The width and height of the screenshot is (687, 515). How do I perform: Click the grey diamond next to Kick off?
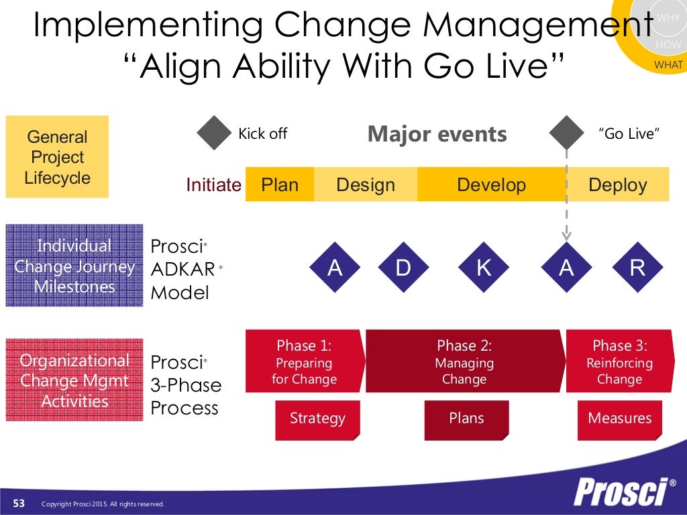click(x=214, y=133)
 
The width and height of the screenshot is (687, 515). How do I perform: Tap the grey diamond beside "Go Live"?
click(x=566, y=133)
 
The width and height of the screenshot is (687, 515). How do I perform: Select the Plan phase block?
click(x=280, y=184)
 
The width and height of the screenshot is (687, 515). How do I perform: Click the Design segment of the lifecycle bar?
click(x=366, y=184)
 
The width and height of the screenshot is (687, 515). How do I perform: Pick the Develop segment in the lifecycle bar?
click(x=491, y=184)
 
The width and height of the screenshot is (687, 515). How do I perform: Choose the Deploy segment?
click(x=617, y=184)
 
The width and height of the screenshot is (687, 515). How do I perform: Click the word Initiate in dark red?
click(x=213, y=185)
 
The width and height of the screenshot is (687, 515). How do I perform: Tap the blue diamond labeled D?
click(x=403, y=268)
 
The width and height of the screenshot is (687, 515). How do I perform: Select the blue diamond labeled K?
click(x=484, y=268)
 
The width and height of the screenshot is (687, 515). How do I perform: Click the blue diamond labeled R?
click(x=637, y=268)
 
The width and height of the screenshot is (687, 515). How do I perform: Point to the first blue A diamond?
click(x=335, y=268)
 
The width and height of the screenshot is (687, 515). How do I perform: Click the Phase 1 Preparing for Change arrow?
click(x=305, y=362)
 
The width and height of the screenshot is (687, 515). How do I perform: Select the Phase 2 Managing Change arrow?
click(x=464, y=362)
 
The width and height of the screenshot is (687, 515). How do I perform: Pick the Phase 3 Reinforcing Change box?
click(x=619, y=362)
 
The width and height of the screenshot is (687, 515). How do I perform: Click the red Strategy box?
click(x=317, y=419)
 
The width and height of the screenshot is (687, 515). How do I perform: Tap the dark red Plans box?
click(x=466, y=419)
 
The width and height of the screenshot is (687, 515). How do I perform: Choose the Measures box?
click(x=619, y=419)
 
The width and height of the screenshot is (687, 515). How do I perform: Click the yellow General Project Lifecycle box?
click(x=57, y=157)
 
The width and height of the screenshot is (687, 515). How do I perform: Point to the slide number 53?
click(x=19, y=504)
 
